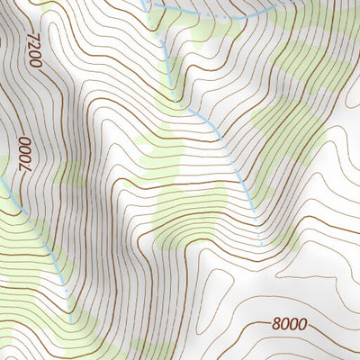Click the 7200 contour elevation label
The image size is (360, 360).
[x=35, y=49]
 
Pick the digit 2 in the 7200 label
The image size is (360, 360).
[x=34, y=46]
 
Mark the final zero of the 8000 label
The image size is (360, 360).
[x=301, y=324]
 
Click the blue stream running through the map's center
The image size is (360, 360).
[x=225, y=144]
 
